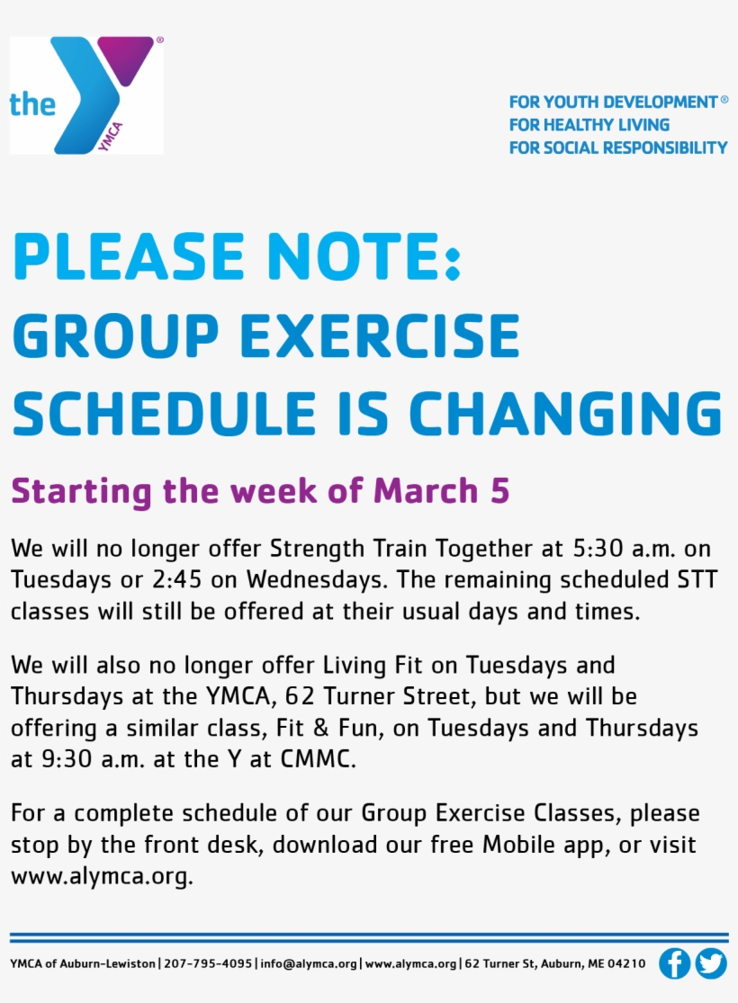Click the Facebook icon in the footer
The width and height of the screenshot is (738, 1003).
[674, 963]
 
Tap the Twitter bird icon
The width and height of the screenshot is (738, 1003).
[711, 963]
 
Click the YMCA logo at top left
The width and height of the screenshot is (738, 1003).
[86, 95]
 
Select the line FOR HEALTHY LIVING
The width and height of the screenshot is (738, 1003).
[589, 125]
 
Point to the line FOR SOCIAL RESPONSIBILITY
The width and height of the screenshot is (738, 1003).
[618, 148]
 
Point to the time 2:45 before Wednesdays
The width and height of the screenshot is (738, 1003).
[180, 579]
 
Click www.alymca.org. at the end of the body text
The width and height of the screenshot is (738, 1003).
[102, 876]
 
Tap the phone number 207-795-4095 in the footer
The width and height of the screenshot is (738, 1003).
[208, 963]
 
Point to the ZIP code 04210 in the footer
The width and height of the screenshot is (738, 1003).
[626, 963]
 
